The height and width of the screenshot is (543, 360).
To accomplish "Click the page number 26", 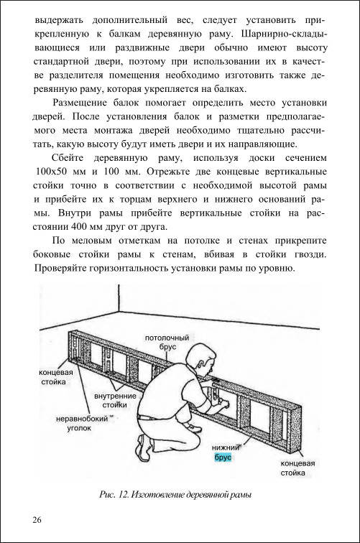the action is tap(37, 520).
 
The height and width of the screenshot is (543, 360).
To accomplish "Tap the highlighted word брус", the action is tap(223, 458).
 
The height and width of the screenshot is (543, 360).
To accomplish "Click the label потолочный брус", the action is tap(167, 342).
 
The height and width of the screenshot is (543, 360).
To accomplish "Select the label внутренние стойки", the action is tap(115, 400).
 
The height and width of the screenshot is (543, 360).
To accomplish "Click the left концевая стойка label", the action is tap(56, 377).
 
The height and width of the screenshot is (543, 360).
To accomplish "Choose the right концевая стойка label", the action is tap(297, 468).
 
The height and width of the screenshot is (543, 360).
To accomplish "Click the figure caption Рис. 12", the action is tap(175, 494).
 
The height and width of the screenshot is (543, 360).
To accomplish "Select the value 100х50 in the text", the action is tap(52, 172).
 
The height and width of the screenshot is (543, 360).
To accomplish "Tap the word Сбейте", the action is tap(68, 158).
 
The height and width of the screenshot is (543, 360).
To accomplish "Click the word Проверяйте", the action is tap(60, 269).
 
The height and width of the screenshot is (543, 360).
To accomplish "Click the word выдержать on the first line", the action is tap(59, 20).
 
